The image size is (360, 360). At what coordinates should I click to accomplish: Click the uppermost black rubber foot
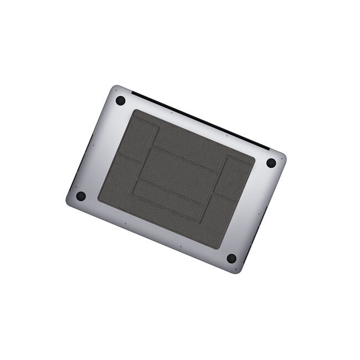tap(120, 101)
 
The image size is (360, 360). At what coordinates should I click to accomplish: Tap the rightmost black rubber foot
tap(271, 163)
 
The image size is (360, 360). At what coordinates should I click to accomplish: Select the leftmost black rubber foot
tap(81, 196)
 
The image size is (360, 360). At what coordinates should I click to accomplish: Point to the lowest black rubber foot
tap(232, 258)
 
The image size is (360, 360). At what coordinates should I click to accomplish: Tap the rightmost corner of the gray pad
tap(255, 161)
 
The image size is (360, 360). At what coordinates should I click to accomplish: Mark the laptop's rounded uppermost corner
tap(114, 88)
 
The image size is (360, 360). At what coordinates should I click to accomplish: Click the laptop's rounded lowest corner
tap(238, 272)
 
